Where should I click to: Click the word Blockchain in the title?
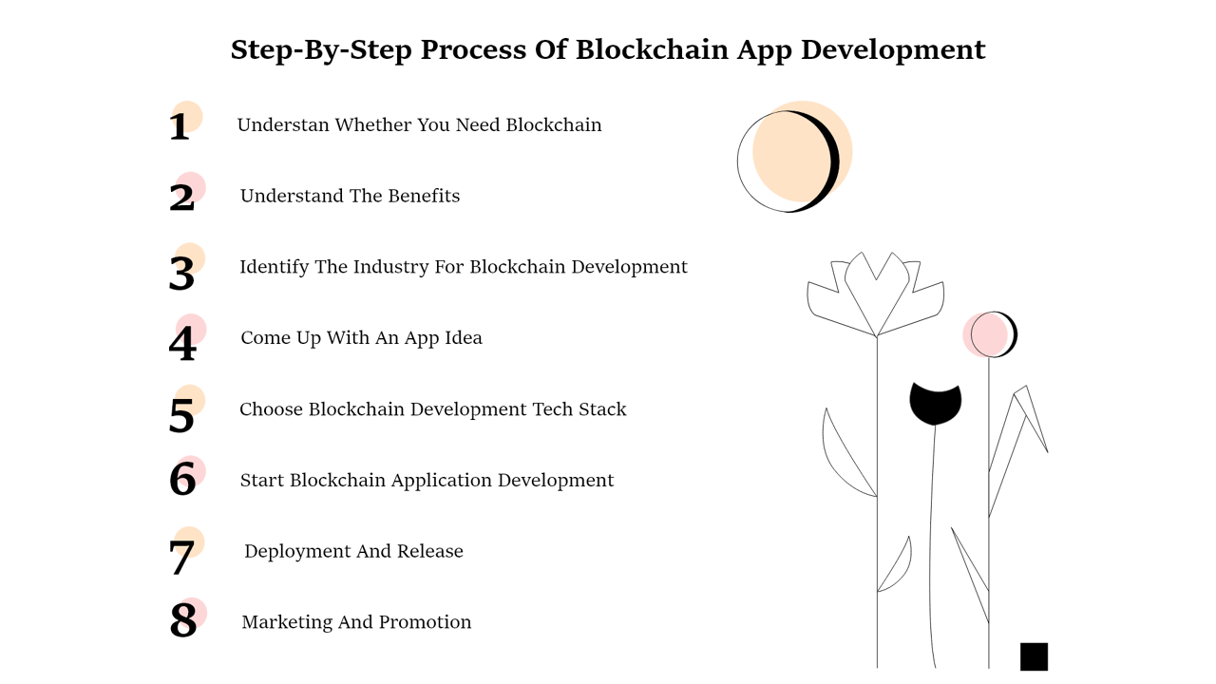pos(652,50)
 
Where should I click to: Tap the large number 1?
pos(180,127)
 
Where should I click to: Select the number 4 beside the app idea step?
pos(182,343)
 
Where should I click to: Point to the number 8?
pos(183,619)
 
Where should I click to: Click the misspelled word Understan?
pos(283,124)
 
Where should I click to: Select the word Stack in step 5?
pos(602,409)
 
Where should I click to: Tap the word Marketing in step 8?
pos(287,622)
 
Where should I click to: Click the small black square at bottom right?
pos(1034,656)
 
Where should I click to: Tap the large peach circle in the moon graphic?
pos(802,151)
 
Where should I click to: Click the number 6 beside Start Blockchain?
pos(182,479)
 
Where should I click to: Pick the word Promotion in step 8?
pos(425,622)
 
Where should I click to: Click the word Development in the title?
pos(893,51)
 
